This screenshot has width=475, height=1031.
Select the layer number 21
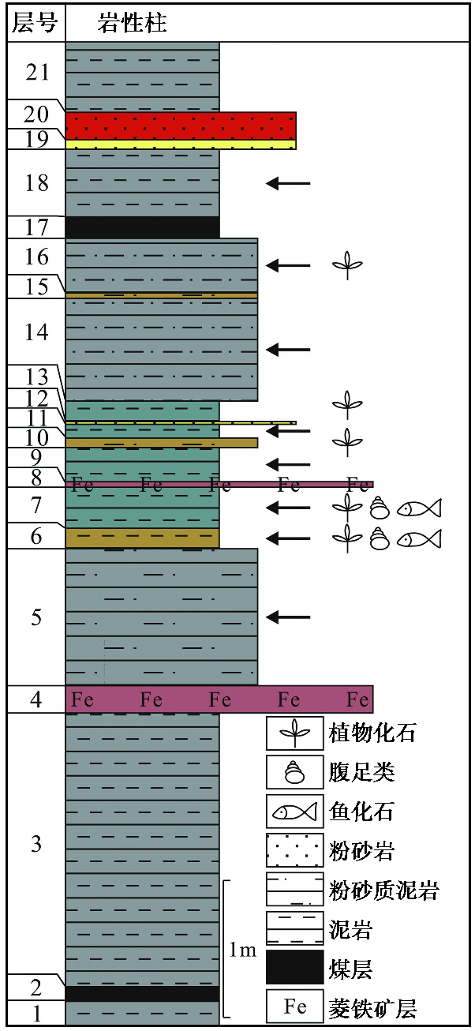pos(36,73)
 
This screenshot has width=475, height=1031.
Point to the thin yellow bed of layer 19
pos(180,144)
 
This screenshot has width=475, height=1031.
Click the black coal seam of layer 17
pos(142,227)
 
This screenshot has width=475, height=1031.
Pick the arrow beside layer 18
pos(288,183)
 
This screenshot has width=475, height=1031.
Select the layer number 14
pos(36,332)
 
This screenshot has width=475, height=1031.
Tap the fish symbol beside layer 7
pos(419,508)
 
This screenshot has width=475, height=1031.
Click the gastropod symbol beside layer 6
pos(380,538)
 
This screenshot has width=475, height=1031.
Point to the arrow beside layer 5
pos(288,616)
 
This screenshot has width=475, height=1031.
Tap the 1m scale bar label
pos(243,950)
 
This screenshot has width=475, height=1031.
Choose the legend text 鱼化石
pos(361,812)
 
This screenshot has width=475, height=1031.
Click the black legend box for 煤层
pos(294,967)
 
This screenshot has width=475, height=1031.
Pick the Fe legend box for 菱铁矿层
pos(294,1007)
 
